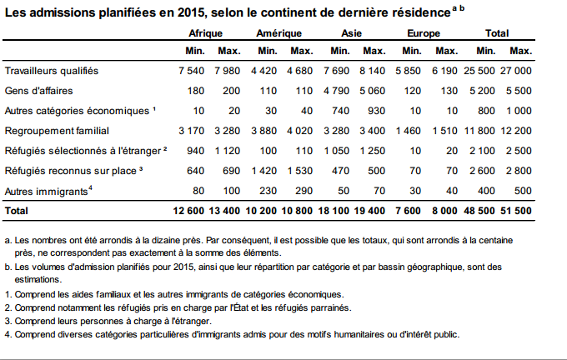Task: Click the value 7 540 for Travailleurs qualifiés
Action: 191,71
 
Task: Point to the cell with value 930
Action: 376,111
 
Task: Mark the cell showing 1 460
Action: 409,131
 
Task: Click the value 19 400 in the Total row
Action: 369,212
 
